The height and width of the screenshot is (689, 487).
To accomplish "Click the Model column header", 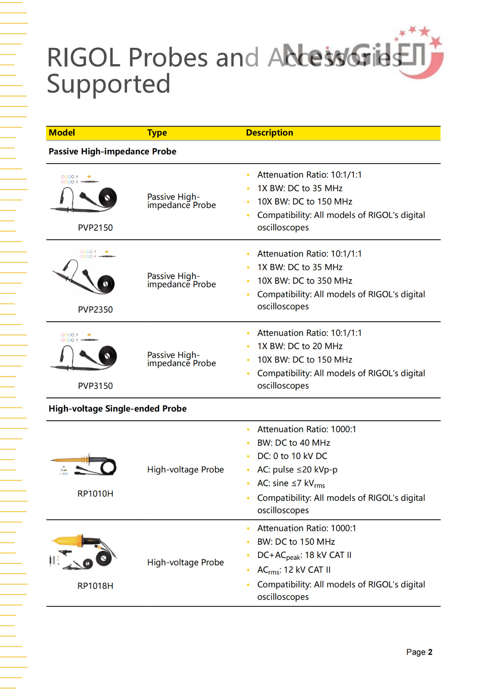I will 62,133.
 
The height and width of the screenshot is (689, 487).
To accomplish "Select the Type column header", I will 157,133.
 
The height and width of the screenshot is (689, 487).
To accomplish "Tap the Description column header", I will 269,133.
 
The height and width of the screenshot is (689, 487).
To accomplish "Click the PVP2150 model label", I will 95,228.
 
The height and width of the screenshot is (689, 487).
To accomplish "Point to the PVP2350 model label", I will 95,310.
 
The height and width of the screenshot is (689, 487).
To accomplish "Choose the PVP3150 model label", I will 95,386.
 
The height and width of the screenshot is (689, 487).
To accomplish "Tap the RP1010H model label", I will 95,493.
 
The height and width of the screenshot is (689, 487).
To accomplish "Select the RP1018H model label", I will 95,586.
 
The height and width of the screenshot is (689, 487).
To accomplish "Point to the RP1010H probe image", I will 84,465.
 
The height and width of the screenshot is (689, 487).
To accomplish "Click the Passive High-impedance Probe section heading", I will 112,152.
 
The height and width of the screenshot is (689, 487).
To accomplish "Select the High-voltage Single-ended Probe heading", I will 118,409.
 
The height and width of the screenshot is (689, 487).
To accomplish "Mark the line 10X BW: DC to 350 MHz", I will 304,281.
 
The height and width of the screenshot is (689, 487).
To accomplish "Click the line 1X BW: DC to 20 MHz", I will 300,346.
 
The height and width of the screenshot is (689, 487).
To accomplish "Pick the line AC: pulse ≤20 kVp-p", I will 297,469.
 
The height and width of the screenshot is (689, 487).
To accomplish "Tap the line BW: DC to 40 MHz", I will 294,443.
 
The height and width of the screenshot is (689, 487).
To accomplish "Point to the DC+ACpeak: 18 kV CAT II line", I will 304,556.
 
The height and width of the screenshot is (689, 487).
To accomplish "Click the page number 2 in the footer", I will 430,652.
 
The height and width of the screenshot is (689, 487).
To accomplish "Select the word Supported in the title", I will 109,84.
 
